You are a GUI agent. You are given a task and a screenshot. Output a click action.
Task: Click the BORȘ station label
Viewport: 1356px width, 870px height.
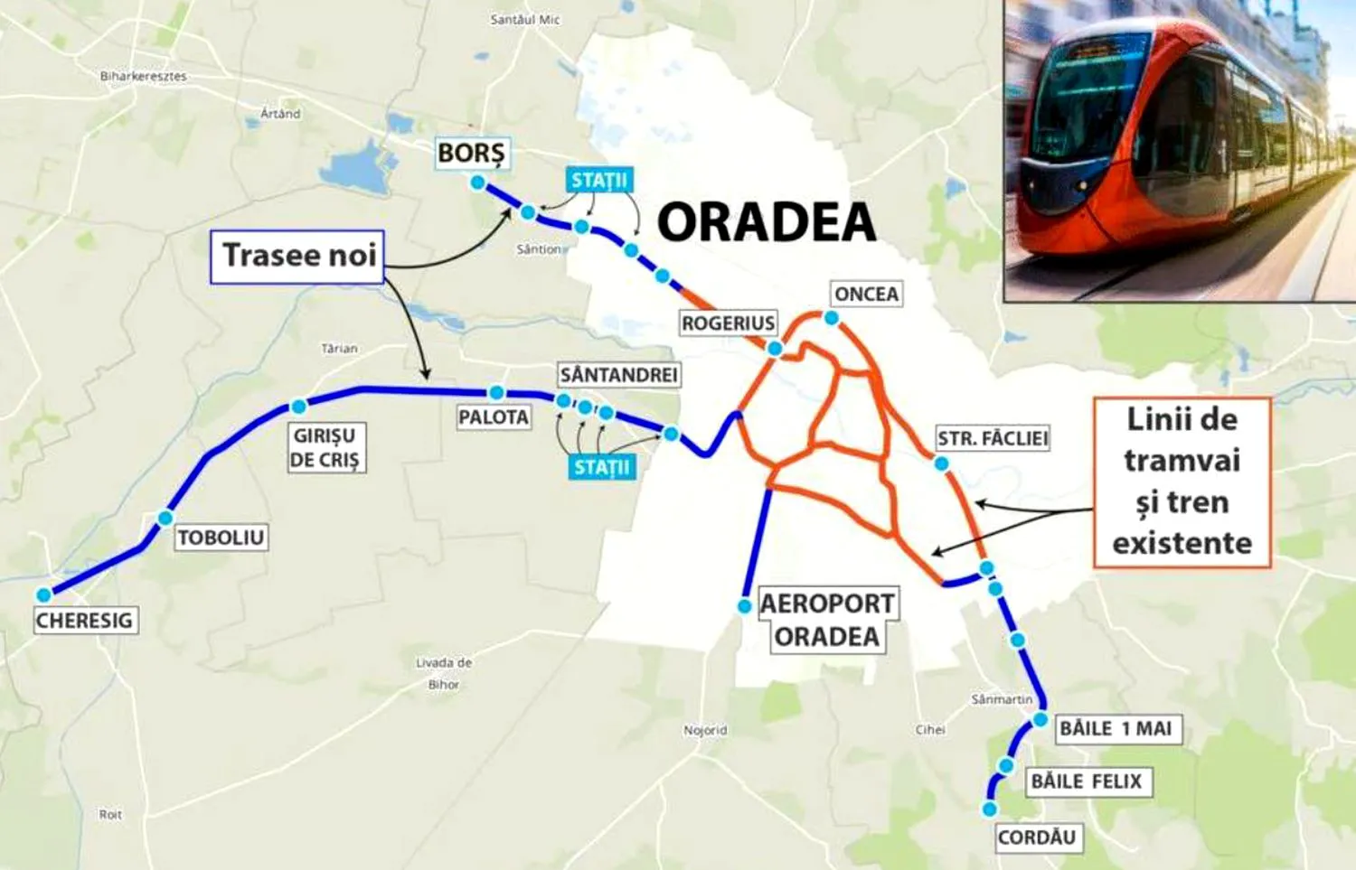472,154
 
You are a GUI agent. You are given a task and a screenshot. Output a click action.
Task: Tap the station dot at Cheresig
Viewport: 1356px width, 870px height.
43,595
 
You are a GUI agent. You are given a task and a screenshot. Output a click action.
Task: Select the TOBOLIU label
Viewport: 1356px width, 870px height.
221,538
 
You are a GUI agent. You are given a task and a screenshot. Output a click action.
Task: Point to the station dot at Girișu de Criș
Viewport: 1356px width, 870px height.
298,407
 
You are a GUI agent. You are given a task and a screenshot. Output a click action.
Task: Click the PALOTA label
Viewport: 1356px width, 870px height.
494,417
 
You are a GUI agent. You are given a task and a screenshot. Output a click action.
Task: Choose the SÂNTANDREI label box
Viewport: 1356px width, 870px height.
618,375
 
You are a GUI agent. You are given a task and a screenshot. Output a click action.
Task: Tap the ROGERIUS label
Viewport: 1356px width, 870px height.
728,323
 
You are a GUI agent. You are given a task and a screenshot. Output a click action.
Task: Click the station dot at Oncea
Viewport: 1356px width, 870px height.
831,318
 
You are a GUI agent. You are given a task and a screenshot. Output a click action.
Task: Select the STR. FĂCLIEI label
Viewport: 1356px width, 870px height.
993,439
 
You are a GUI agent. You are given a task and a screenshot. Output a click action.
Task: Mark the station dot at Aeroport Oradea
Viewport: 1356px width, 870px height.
745,606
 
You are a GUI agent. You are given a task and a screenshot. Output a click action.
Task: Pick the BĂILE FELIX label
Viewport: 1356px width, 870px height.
1087,781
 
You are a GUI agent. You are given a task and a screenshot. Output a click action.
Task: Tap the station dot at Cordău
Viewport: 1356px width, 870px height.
991,809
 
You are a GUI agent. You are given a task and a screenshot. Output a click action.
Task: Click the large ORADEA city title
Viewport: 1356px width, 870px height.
767,222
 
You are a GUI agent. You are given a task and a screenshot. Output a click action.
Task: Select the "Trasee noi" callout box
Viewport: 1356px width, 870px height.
298,256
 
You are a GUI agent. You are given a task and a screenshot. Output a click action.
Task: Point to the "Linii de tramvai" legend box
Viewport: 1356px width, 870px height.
1182,482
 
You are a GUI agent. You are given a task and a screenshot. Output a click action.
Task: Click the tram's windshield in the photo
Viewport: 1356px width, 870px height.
1076,99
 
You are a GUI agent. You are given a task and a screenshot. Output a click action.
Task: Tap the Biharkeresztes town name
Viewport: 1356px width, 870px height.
143,77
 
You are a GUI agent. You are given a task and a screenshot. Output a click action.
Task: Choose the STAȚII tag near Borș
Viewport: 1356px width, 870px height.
598,181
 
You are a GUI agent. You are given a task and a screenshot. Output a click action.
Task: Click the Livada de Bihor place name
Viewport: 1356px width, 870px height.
444,673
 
